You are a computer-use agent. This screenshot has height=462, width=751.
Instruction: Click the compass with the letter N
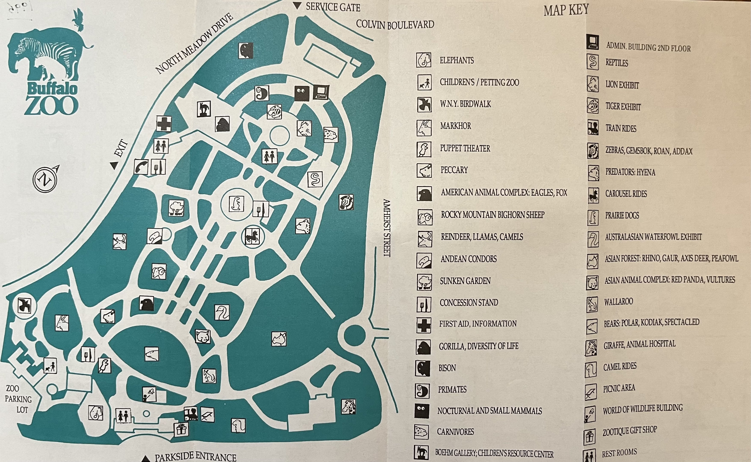point(45,180)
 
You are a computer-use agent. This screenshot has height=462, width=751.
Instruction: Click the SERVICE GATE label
point(333,7)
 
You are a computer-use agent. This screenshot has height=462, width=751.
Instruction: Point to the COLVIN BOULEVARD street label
point(395,24)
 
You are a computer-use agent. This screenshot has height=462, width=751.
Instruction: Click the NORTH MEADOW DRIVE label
point(194,44)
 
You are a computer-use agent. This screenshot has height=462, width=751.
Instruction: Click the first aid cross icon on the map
point(164,124)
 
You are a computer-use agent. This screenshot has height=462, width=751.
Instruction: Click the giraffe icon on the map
point(349,407)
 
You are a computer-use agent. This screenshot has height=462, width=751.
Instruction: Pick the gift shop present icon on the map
point(181,429)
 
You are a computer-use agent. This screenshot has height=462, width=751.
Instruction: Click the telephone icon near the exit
point(141,167)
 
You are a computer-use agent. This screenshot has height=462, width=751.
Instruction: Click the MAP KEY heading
point(566,10)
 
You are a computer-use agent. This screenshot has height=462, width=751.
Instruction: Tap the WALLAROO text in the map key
point(618,302)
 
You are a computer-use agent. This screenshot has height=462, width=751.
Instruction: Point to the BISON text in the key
point(447,368)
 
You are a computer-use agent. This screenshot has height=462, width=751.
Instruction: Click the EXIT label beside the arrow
point(121,148)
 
